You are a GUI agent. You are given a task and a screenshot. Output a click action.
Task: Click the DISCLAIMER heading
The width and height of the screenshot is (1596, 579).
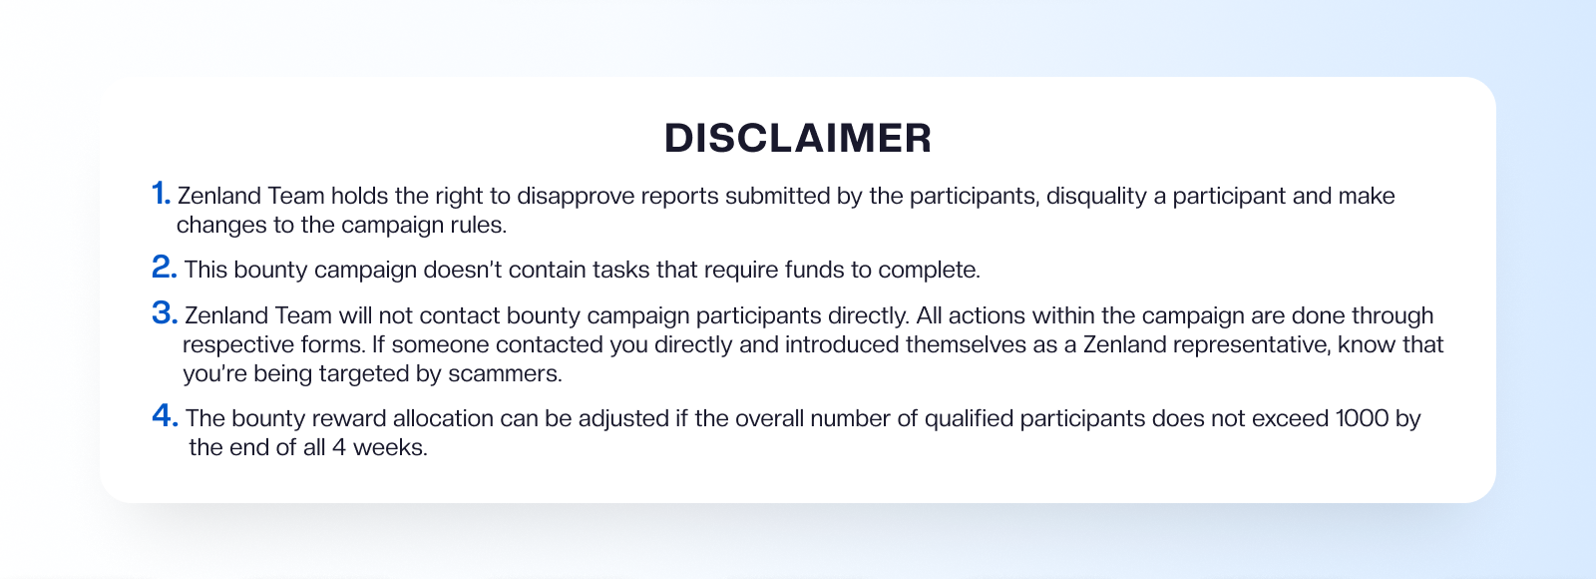pyautogui.click(x=798, y=138)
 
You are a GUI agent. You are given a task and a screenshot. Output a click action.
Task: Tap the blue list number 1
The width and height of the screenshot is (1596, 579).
pyautogui.click(x=161, y=194)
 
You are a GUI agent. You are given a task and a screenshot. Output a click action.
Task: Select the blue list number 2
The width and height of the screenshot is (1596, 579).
pyautogui.click(x=164, y=268)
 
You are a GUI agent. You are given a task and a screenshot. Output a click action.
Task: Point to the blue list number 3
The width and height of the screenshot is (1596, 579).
pyautogui.click(x=165, y=313)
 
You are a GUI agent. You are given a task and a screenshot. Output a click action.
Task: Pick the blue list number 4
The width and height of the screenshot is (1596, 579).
pyautogui.click(x=165, y=415)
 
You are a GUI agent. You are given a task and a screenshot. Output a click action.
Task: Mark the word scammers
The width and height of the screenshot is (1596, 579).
pyautogui.click(x=505, y=374)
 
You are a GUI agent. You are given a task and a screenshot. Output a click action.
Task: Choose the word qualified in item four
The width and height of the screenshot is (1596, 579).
pyautogui.click(x=969, y=419)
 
